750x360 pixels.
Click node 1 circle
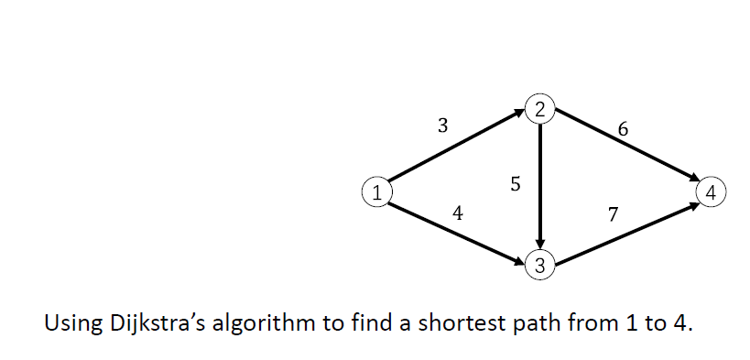[375, 192]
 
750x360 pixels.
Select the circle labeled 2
[540, 110]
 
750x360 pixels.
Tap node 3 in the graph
[540, 267]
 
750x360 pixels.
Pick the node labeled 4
[712, 191]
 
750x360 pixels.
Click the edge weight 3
[443, 127]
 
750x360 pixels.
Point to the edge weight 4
[458, 214]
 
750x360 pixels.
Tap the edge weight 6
[624, 129]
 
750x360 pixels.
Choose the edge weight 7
[613, 215]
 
